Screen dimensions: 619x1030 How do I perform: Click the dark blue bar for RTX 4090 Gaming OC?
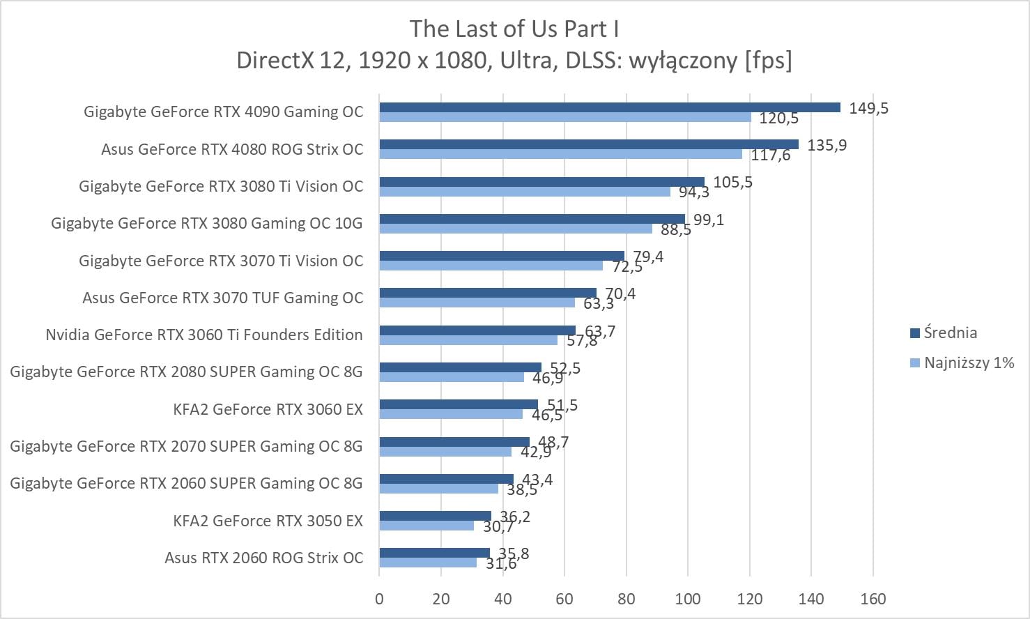coord(610,107)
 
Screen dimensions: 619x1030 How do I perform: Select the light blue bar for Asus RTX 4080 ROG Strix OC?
coord(561,154)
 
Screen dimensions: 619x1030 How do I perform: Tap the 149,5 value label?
coord(868,108)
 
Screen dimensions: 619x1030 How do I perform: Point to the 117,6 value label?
coord(771,155)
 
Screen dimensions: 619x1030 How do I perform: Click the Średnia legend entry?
coord(950,333)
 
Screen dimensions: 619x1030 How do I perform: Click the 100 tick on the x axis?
coord(688,599)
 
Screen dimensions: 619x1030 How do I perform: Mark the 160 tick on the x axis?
coord(873,599)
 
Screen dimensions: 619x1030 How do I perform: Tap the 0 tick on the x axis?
coord(379,599)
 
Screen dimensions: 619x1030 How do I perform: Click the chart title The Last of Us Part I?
coord(514,29)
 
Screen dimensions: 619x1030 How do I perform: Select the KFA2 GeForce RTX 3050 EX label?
coord(268,521)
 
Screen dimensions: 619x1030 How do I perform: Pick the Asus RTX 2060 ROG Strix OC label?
coord(263,558)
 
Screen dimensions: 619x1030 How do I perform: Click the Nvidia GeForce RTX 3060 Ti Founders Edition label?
coord(204,335)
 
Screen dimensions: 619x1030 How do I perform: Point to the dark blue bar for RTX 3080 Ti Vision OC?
coord(541,182)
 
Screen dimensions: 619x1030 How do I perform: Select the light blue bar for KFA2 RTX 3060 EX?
coord(451,414)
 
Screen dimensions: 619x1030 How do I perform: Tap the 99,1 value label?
coord(709,220)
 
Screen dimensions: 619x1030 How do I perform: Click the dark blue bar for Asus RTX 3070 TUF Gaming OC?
coord(488,293)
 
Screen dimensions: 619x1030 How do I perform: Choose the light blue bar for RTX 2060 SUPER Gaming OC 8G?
coord(438,489)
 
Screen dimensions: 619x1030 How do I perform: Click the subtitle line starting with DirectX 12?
coord(514,61)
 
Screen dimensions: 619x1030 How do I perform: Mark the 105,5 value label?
coord(732,183)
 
